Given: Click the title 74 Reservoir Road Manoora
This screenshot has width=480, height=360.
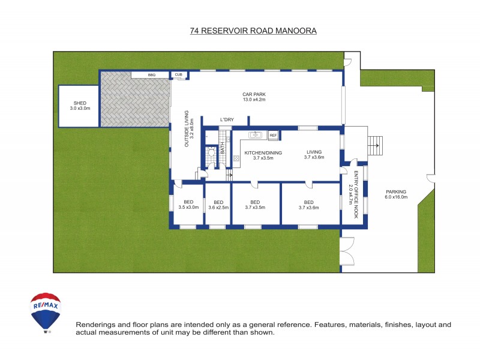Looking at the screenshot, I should tap(253, 29).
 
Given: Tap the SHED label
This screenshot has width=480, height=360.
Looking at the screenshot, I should tap(79, 106).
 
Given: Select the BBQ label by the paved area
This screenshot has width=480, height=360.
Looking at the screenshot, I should tap(151, 75).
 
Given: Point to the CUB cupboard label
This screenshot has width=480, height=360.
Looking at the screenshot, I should tap(179, 75).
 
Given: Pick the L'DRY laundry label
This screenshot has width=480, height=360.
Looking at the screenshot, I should tap(226, 120).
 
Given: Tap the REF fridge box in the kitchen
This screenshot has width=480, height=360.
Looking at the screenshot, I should tap(272, 136).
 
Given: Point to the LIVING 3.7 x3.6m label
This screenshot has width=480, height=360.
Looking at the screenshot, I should tap(314, 155).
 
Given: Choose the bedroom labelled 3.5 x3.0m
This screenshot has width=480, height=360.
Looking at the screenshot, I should tap(188, 205).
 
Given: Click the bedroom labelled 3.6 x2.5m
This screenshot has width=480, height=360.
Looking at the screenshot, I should tap(218, 205).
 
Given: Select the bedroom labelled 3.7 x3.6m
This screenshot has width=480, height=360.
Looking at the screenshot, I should tap(309, 205).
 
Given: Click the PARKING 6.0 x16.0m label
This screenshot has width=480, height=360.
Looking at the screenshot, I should tap(396, 194).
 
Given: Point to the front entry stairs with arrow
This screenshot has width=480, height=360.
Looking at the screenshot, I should tap(374, 144).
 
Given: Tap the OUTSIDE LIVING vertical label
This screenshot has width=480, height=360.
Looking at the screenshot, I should tap(188, 129).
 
